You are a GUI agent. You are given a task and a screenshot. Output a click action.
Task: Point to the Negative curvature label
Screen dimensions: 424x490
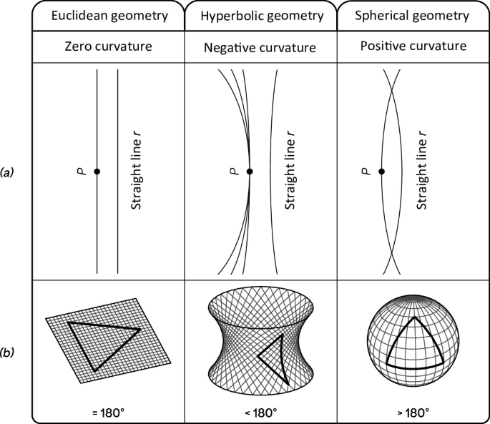260,48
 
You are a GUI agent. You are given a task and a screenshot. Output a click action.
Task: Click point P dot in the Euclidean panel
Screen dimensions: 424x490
97,172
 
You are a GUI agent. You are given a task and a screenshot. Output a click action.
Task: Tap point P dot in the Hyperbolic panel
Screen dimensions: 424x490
250,172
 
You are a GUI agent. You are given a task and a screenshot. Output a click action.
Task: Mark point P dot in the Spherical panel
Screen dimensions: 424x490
382,172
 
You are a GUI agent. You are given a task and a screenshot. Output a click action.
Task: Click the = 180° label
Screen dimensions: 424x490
107,413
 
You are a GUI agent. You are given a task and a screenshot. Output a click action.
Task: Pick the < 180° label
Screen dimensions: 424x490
260,413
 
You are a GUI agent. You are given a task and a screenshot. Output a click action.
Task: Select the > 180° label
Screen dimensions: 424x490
413,413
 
